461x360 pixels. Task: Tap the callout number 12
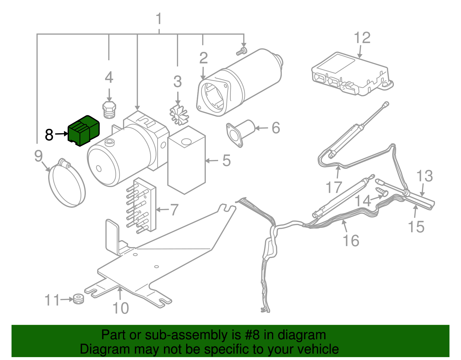[x=362, y=38]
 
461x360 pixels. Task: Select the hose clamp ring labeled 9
[x=67, y=184]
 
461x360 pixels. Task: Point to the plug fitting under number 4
[x=109, y=110]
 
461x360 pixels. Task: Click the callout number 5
[x=226, y=160]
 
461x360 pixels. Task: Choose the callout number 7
[x=174, y=210]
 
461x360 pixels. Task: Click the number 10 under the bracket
[x=120, y=308]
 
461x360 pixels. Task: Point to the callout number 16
[x=351, y=240]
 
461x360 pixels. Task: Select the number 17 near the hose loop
[x=334, y=187]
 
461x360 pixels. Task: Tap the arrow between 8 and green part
[x=61, y=134]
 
